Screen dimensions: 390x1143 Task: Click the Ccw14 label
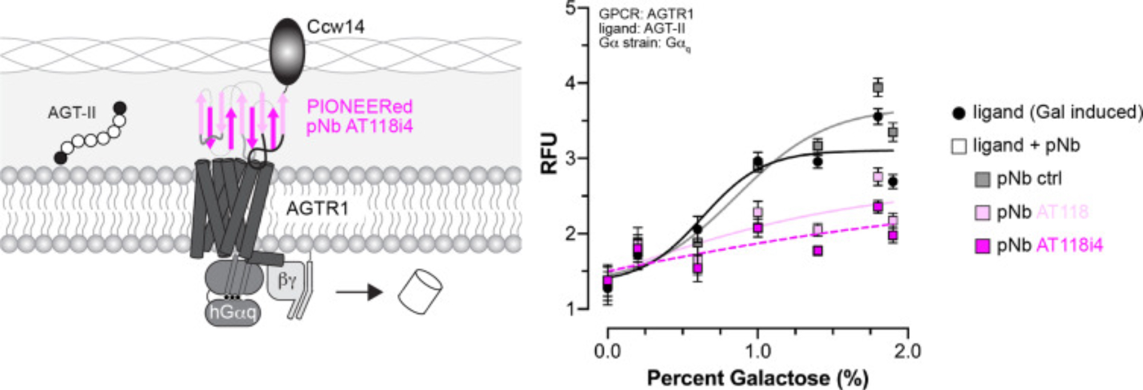335,27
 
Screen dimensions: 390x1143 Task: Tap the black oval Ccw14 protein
287,51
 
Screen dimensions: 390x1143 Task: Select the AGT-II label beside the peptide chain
71,113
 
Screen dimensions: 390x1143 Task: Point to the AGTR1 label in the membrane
317,209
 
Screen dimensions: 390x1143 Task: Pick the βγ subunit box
287,281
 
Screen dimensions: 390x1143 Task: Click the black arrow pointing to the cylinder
359,292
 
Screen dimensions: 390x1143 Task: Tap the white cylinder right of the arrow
420,291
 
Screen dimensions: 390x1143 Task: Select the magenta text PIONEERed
359,107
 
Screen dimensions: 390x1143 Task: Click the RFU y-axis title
550,153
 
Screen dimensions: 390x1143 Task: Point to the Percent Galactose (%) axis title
757,378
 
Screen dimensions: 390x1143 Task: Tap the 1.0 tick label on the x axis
757,351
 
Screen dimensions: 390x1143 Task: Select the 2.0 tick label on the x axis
907,351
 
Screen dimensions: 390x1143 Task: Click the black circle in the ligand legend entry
959,113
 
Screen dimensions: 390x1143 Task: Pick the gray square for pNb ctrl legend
982,180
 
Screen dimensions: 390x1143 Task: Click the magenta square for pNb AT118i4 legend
982,246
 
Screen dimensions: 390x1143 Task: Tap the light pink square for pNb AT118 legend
982,213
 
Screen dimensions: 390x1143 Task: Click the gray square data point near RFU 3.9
878,87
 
